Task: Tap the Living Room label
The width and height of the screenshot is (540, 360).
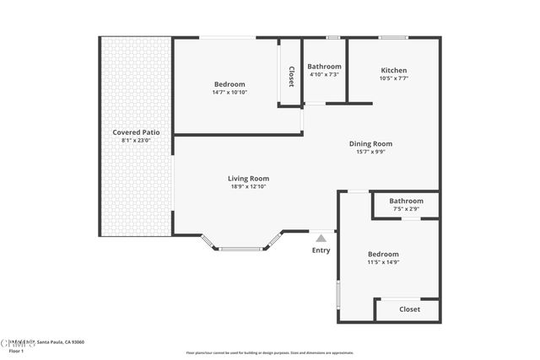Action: [248, 178]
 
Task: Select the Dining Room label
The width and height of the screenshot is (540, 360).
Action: [370, 143]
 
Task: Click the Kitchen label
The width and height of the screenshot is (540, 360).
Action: [393, 70]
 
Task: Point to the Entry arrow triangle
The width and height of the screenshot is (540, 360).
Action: [321, 239]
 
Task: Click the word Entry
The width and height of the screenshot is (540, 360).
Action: [321, 250]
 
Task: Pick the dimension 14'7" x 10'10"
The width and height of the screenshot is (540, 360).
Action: [229, 92]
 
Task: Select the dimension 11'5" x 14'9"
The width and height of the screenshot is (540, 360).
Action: [383, 262]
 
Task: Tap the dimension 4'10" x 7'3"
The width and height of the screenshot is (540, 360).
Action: [324, 75]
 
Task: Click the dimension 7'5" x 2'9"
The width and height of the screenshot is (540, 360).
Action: [406, 209]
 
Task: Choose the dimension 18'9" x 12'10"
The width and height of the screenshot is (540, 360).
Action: [248, 186]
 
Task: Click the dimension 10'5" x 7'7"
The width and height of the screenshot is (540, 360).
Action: [393, 78]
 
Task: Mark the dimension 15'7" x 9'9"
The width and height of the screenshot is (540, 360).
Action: [370, 152]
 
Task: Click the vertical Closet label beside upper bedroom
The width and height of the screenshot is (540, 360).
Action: [291, 76]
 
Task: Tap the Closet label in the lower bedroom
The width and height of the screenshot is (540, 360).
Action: [409, 309]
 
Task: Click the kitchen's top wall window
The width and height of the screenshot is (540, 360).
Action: [392, 37]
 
